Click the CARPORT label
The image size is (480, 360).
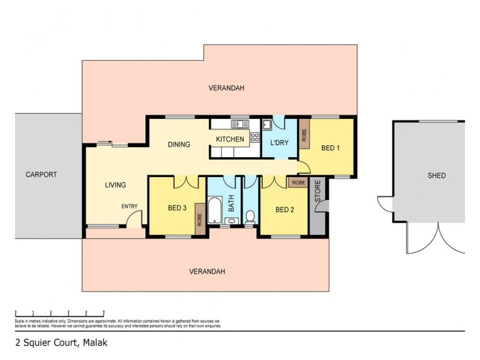click(x=41, y=175)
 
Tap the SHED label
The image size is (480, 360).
click(x=436, y=176)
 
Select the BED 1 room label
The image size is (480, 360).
click(x=331, y=148)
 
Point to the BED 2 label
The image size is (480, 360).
click(x=284, y=209)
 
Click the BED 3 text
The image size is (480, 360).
click(x=177, y=208)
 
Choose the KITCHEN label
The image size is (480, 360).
click(x=230, y=140)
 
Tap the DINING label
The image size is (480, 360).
click(x=179, y=144)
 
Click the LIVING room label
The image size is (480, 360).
click(x=115, y=185)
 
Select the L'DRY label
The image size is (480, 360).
click(x=280, y=143)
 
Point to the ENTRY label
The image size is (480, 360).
click(x=130, y=206)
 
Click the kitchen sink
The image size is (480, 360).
click(x=240, y=124)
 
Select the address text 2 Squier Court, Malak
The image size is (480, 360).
click(x=55, y=345)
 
